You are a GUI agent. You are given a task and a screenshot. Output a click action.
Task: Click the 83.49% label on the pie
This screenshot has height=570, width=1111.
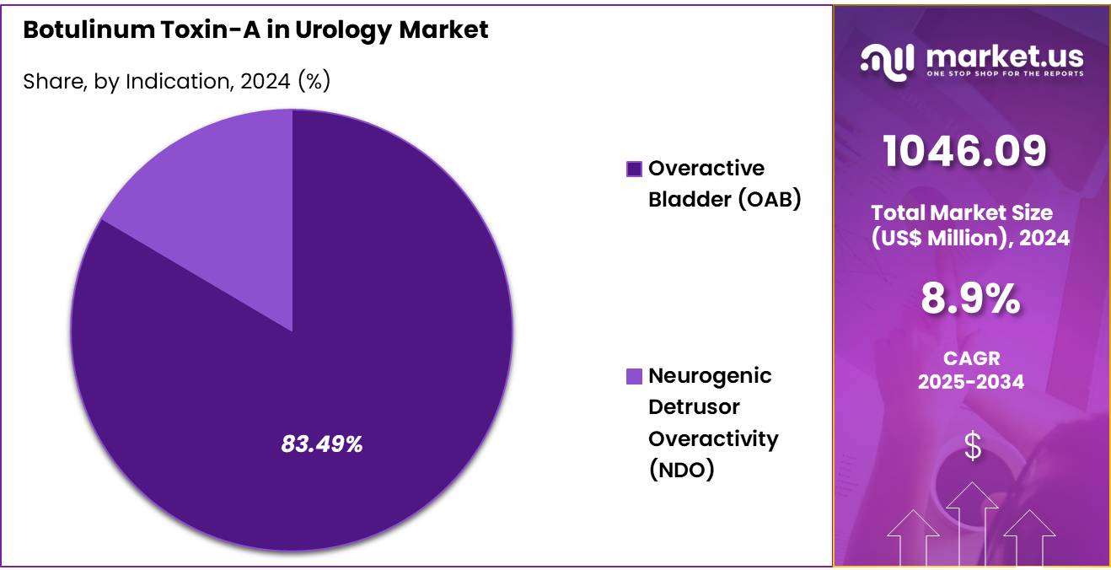point(321,444)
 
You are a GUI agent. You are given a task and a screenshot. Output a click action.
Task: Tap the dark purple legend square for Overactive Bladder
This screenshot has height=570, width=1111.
point(634,169)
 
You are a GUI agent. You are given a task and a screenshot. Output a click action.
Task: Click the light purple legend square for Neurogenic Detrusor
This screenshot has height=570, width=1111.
point(634,377)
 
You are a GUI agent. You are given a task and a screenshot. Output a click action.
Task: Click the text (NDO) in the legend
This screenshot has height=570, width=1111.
point(681,471)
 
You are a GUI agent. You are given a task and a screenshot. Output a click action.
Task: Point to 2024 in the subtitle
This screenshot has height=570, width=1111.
point(265,82)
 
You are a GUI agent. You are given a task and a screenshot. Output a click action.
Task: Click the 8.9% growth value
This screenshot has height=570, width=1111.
point(970,299)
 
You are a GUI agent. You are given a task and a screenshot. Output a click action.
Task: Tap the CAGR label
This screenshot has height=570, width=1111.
point(971,359)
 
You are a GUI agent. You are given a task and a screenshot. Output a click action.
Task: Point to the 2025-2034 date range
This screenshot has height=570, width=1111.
point(971,382)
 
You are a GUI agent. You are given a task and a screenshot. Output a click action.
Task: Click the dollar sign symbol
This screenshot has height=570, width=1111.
point(972,446)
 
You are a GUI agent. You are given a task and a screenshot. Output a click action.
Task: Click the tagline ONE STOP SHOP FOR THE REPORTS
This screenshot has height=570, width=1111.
point(1005,74)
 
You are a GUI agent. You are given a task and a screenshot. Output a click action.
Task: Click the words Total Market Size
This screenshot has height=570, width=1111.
point(962,213)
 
